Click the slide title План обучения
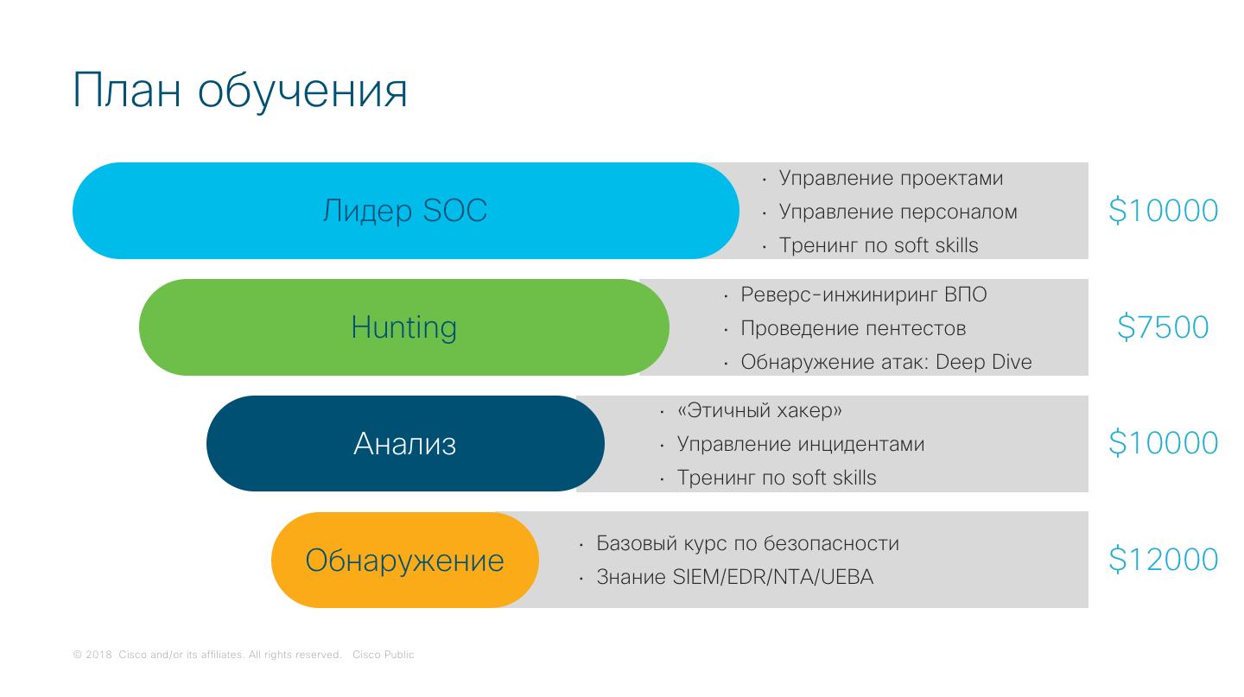tap(240, 91)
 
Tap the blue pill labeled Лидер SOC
tap(404, 211)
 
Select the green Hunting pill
tap(403, 327)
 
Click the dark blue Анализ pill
tap(404, 444)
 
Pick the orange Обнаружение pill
tap(404, 561)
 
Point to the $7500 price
tap(1163, 327)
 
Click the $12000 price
tap(1163, 561)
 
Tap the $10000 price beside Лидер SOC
tap(1163, 211)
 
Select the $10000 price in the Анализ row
tap(1163, 444)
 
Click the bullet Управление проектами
tap(891, 179)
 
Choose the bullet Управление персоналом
tap(898, 212)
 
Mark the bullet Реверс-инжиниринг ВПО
tap(863, 295)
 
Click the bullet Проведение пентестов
tap(853, 329)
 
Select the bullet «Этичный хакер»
tap(759, 411)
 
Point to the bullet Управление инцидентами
tap(800, 445)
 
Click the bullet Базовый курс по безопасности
tap(747, 544)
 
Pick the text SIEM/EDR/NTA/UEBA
tap(772, 578)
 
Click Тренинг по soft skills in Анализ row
tap(776, 478)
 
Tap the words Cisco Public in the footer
tap(383, 656)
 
